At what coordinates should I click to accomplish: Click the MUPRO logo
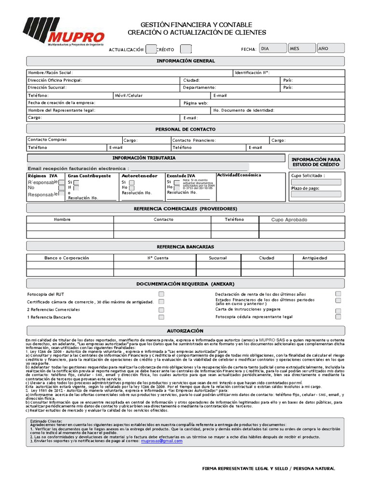pyautogui.click(x=63, y=32)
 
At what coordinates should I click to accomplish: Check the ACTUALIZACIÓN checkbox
pyautogui.click(x=151, y=49)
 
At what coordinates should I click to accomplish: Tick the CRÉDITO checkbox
pyautogui.click(x=185, y=49)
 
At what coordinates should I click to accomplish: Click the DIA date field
pyautogui.click(x=271, y=48)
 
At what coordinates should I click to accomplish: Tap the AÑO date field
pyautogui.click(x=330, y=48)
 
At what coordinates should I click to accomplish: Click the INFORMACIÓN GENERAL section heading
pyautogui.click(x=185, y=61)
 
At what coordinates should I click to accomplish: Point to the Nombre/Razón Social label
pyautogui.click(x=50, y=73)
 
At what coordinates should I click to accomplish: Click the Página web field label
pyautogui.click(x=196, y=103)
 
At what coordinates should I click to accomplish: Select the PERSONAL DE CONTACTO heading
pyautogui.click(x=185, y=130)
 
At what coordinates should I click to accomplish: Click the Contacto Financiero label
pyautogui.click(x=194, y=140)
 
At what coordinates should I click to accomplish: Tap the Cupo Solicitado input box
pyautogui.click(x=316, y=183)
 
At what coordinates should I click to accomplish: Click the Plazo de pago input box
pyautogui.click(x=316, y=194)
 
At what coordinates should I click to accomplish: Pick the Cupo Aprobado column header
pyautogui.click(x=289, y=220)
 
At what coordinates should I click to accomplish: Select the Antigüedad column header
pyautogui.click(x=314, y=258)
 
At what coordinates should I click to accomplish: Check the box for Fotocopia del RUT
pyautogui.click(x=161, y=294)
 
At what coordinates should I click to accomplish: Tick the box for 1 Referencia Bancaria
pyautogui.click(x=161, y=317)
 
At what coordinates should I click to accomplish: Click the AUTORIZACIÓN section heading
pyautogui.click(x=185, y=331)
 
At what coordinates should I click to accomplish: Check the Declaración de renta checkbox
pyautogui.click(x=338, y=293)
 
